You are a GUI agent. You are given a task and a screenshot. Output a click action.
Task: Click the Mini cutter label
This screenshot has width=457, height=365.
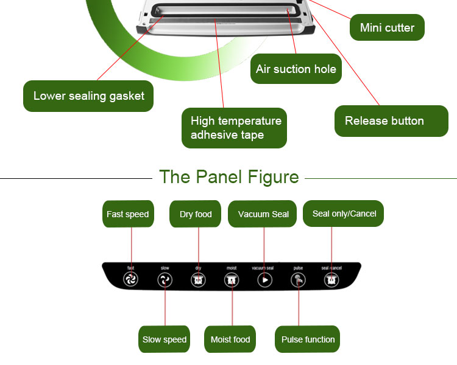click(x=387, y=27)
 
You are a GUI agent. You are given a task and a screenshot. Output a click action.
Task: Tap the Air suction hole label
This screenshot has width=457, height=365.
click(x=296, y=69)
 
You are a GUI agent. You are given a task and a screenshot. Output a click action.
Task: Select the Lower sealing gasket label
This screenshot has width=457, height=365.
click(x=88, y=96)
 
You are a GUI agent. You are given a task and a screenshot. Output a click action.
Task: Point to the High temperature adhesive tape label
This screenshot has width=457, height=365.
click(x=234, y=128)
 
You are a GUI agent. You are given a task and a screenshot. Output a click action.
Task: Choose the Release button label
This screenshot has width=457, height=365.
click(x=391, y=120)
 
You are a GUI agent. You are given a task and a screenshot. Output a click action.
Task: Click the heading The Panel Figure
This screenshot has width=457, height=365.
click(x=228, y=177)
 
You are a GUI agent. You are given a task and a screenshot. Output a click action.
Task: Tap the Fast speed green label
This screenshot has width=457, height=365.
click(x=127, y=214)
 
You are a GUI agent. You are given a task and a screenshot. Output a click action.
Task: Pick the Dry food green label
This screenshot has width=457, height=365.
click(x=196, y=214)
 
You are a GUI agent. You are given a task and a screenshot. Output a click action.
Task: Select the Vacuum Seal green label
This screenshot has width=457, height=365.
click(x=263, y=214)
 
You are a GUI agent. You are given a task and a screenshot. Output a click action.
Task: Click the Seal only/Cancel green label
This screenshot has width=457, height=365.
click(x=344, y=214)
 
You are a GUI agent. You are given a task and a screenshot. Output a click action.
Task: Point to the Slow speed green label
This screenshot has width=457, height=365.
click(x=165, y=339)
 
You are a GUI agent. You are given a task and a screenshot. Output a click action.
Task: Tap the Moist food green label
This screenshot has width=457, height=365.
click(x=230, y=339)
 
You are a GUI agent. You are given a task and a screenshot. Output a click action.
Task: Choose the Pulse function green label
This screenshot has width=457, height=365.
click(x=308, y=339)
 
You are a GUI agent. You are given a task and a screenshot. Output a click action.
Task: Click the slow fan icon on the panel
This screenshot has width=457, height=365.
click(x=165, y=280)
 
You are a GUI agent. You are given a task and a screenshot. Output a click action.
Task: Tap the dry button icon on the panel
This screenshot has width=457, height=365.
click(x=198, y=280)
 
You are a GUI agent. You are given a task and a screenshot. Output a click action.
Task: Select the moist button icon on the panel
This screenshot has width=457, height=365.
click(x=232, y=280)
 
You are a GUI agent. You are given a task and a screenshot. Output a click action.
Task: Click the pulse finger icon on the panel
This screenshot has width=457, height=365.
click(x=298, y=280)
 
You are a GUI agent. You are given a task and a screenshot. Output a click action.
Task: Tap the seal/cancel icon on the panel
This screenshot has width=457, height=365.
click(x=331, y=280)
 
